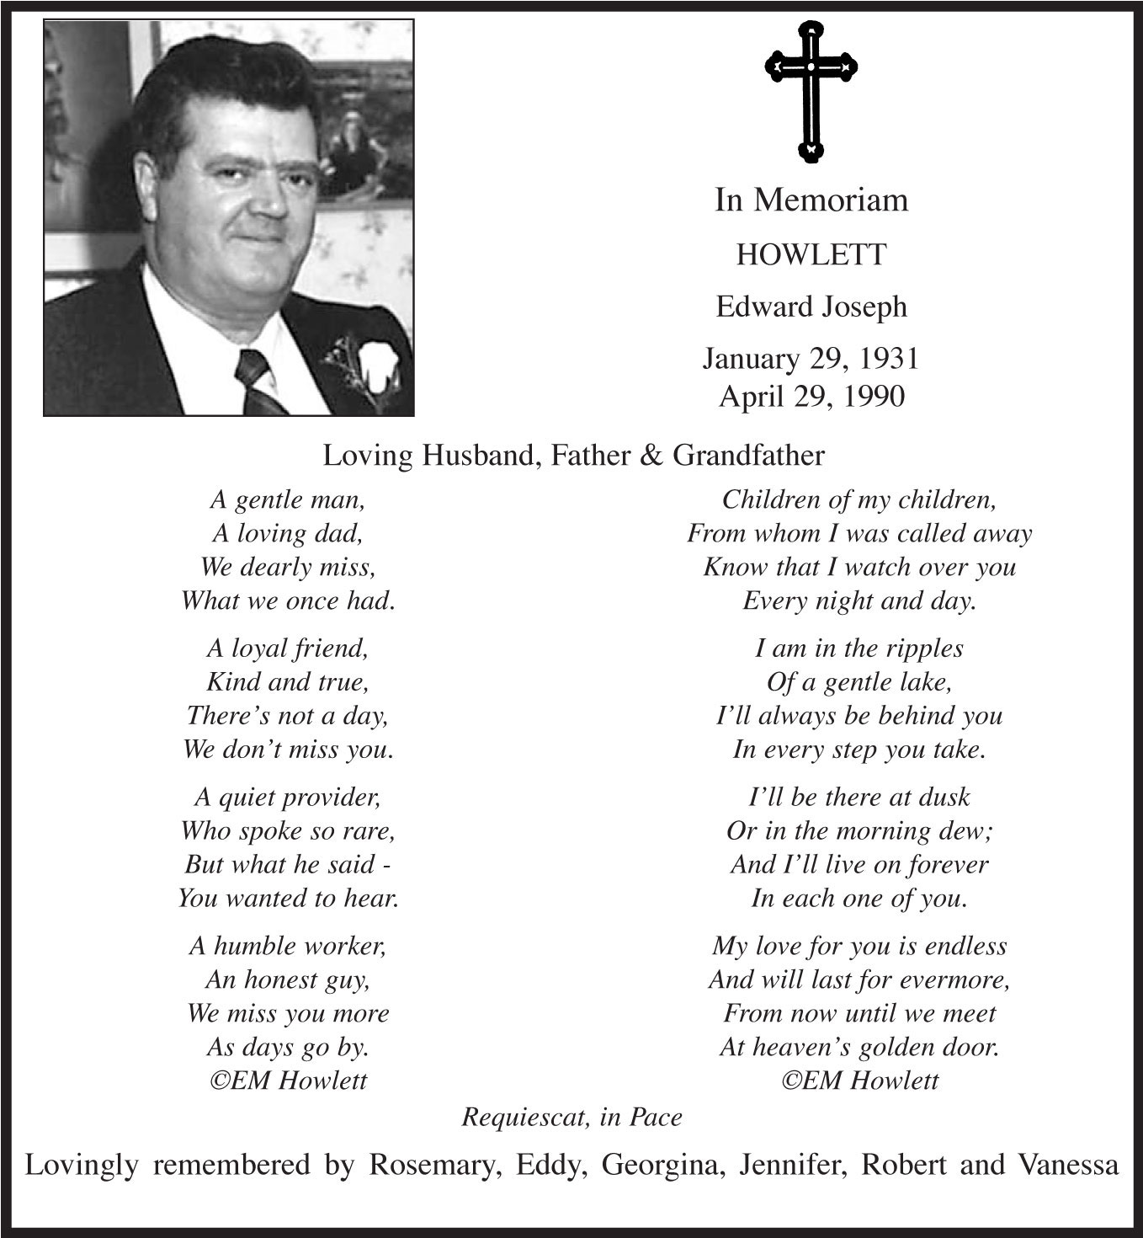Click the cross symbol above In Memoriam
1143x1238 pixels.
[x=811, y=89]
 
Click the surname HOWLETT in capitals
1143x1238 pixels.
[x=811, y=254]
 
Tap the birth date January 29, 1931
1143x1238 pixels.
[x=811, y=359]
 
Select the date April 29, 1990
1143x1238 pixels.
[x=811, y=396]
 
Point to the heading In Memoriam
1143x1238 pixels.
[x=811, y=200]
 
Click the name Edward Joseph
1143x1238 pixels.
[x=811, y=307]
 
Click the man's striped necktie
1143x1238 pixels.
[x=261, y=383]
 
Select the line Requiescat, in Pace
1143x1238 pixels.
[x=571, y=1117]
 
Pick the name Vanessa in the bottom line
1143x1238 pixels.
[x=1068, y=1165]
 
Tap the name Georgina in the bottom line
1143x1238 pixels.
[x=664, y=1166]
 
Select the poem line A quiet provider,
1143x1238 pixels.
[x=288, y=797]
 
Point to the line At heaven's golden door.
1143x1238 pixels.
[x=859, y=1047]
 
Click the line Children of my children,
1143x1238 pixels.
[x=859, y=499]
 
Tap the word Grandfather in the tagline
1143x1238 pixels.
[x=748, y=456]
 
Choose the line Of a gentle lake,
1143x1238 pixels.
[x=859, y=681]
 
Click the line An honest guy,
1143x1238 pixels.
[x=288, y=979]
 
